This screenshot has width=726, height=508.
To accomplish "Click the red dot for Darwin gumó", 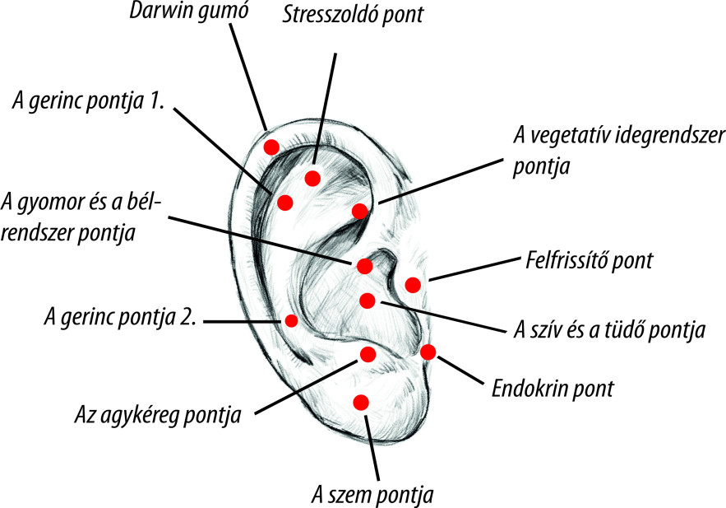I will (271, 147).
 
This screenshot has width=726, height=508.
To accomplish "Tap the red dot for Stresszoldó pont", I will (312, 179).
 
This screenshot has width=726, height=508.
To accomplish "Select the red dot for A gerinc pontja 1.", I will (285, 203).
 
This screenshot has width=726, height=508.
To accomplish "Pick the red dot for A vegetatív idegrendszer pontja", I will (359, 211).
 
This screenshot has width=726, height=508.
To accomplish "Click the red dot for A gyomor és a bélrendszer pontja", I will (363, 265).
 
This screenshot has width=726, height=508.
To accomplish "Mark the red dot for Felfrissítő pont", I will (413, 285).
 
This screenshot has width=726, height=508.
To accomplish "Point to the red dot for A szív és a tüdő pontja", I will (368, 300).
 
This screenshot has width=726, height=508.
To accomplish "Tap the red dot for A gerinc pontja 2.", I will (290, 320).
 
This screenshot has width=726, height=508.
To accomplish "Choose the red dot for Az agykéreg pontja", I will (368, 354).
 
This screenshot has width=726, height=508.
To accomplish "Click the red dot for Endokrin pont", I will (428, 352).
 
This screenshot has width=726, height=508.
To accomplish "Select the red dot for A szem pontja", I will (359, 402).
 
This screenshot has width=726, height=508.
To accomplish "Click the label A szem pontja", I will (372, 495).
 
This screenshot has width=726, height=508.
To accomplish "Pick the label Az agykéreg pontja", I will (157, 413).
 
